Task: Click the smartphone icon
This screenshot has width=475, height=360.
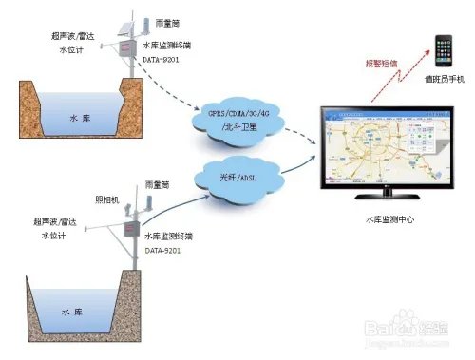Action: click(442, 48)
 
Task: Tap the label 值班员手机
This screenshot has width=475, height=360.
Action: click(444, 80)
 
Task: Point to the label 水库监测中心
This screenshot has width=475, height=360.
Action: click(389, 219)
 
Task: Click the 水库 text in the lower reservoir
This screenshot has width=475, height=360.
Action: click(75, 311)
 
